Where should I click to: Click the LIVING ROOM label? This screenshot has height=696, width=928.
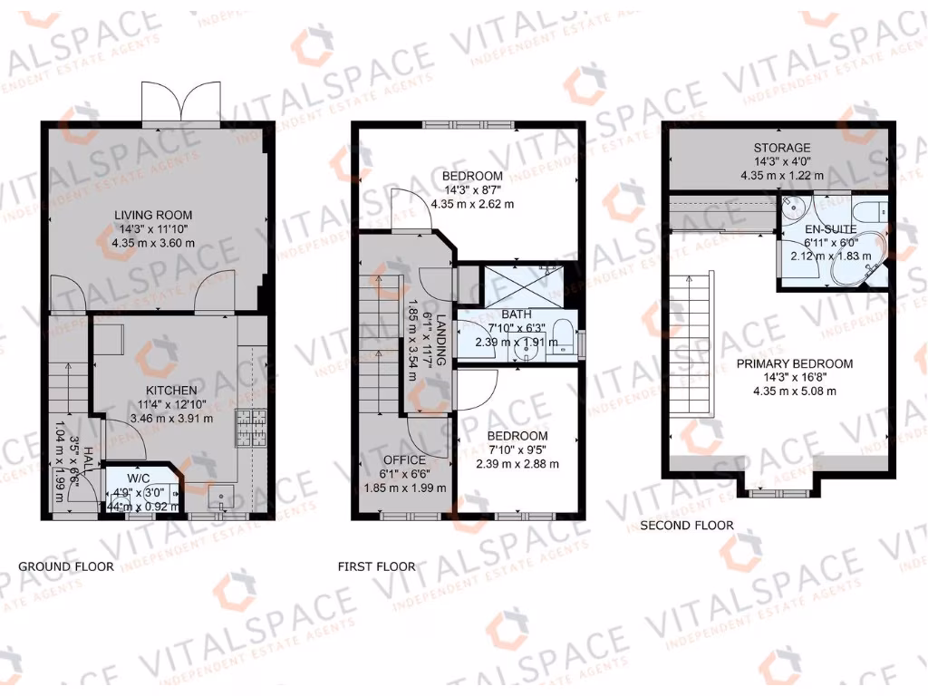153,215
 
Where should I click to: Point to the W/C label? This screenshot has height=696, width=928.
139,478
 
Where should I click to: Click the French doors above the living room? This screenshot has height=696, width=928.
181,101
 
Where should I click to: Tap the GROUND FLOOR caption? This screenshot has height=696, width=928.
66,567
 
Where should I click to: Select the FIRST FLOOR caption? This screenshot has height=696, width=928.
376,567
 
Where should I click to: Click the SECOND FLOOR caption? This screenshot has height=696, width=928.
686,525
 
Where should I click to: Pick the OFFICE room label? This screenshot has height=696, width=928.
404,459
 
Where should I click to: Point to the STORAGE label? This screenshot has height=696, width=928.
781,148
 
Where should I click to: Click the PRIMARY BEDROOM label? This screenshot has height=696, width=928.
794,364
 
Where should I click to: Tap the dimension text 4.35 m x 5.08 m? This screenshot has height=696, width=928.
794,391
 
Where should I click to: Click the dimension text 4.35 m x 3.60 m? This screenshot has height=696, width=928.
153,243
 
